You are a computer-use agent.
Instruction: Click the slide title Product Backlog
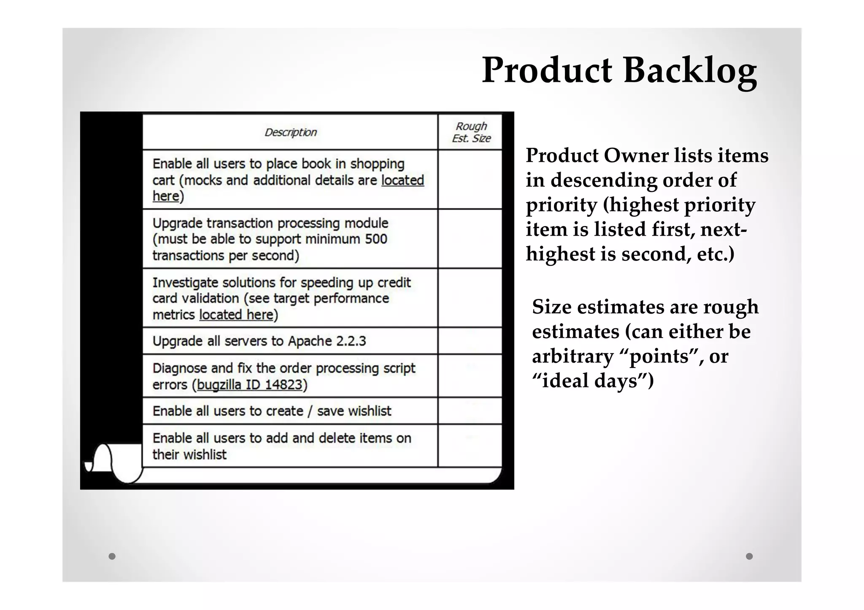pos(619,70)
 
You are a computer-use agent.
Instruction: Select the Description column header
pos(290,132)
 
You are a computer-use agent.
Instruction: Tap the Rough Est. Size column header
pos(471,132)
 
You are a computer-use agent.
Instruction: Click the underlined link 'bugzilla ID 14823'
pos(250,385)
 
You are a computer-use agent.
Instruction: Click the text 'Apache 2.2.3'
pos(327,341)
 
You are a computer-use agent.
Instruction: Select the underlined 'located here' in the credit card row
pos(236,315)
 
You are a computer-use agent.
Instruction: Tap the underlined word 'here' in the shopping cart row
pos(166,196)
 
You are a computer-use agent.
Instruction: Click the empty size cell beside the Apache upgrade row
pos(470,341)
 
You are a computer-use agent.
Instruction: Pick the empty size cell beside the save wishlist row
pos(470,411)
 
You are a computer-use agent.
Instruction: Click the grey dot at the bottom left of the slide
pos(112,556)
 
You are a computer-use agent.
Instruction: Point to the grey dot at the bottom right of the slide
pos(749,556)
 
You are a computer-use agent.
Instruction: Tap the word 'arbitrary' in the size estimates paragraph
pos(572,357)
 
